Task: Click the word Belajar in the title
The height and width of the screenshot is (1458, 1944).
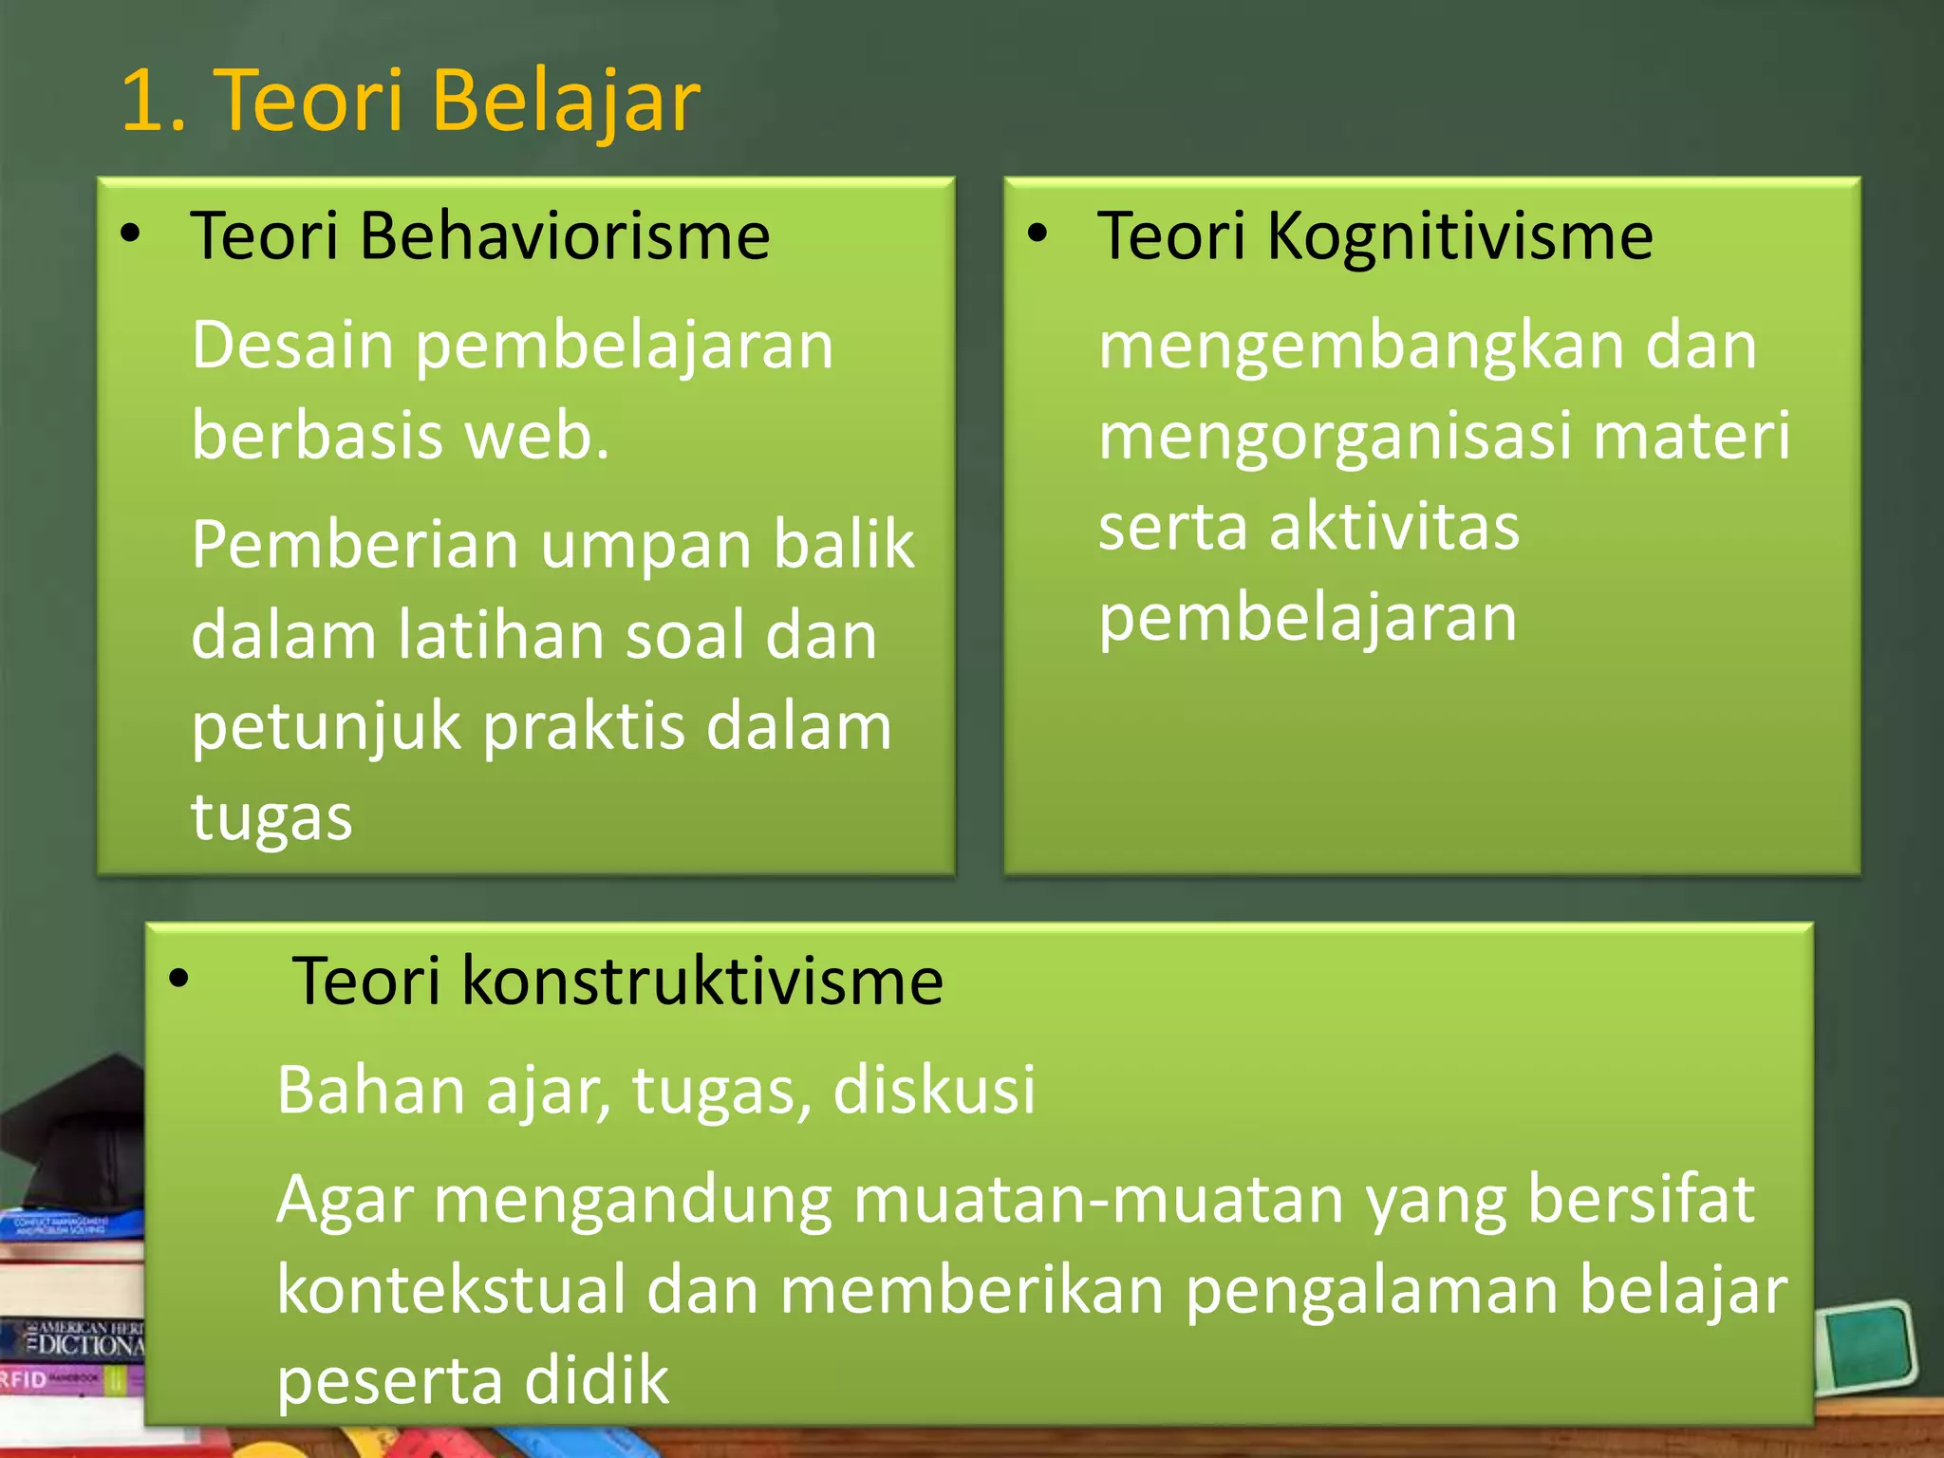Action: [566, 101]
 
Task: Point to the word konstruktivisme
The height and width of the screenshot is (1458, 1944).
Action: [702, 981]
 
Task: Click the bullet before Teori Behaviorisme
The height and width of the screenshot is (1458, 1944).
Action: [131, 233]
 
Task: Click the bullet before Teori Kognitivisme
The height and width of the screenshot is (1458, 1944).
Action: [1037, 233]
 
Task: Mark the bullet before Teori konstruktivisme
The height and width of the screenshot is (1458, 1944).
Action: [178, 979]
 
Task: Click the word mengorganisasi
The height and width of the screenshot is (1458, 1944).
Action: [1334, 437]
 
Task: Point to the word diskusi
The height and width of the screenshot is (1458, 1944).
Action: [933, 1090]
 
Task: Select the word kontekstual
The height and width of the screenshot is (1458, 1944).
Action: [451, 1290]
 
